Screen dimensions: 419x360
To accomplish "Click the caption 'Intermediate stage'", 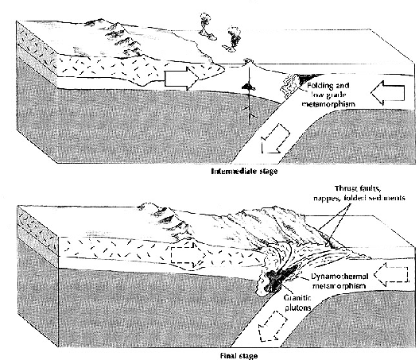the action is pyautogui.click(x=244, y=171).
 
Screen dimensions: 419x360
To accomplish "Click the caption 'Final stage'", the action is pyautogui.click(x=239, y=356).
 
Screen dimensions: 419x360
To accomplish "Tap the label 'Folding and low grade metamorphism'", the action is pyautogui.click(x=328, y=95).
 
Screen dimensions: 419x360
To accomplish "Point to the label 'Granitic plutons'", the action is pyautogui.click(x=297, y=303).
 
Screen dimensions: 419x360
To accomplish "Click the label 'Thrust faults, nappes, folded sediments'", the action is pyautogui.click(x=359, y=193).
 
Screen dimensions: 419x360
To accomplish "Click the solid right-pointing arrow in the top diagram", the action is pyautogui.click(x=181, y=78).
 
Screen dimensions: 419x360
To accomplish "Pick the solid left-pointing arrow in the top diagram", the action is pyautogui.click(x=387, y=92).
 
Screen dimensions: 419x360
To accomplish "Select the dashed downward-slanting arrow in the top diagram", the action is pyautogui.click(x=275, y=138).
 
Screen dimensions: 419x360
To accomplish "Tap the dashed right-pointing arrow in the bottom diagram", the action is pyautogui.click(x=188, y=255).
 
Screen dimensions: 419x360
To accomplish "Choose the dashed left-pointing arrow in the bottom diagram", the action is pyautogui.click(x=391, y=274).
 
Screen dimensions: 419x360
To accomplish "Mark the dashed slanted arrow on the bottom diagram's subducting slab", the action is pyautogui.click(x=273, y=327).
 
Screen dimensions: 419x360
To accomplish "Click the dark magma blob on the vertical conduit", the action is pyautogui.click(x=249, y=87).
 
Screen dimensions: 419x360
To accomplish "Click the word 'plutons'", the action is pyautogui.click(x=298, y=308).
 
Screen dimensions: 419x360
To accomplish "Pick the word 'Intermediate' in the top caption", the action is pyautogui.click(x=231, y=171).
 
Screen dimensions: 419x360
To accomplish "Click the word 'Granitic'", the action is pyautogui.click(x=297, y=298).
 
